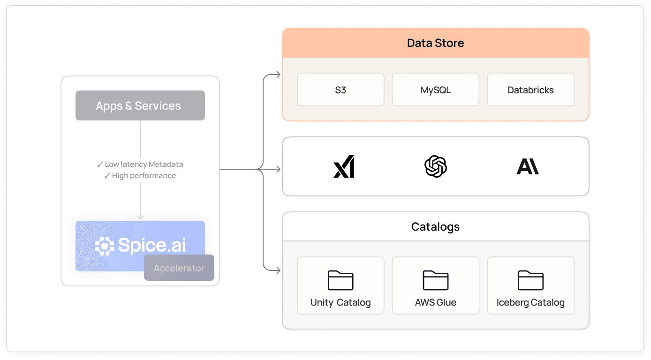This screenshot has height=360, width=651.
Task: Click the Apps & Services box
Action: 140,105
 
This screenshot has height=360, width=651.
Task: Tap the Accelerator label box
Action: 179,268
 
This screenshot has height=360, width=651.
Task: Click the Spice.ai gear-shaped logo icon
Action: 104,246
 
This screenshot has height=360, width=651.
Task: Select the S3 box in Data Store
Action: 341,90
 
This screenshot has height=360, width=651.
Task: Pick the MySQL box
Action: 435,90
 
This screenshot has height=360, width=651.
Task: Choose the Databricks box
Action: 530,90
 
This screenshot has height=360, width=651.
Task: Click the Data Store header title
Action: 435,43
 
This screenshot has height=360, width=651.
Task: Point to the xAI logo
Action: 344,166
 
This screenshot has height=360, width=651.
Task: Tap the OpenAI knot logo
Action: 435,166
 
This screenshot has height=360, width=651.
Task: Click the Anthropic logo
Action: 528,166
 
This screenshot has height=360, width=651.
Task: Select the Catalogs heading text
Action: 435,227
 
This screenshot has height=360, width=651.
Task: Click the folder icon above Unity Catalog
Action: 341,280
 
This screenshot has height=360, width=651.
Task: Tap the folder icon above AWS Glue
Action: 435,280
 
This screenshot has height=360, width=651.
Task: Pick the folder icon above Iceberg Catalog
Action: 530,280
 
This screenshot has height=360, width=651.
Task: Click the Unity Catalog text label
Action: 341,302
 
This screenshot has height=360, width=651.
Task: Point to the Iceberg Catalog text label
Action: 530,302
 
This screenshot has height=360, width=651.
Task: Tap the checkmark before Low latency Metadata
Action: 100,165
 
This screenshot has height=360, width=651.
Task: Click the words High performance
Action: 144,176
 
